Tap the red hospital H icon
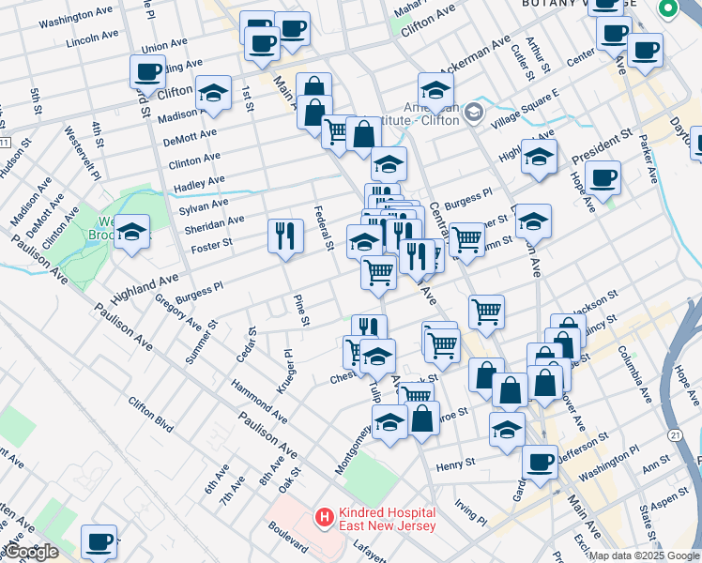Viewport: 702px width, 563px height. coord(324,516)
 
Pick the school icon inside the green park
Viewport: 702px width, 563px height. coord(132,231)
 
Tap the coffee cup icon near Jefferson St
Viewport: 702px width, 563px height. coord(540,462)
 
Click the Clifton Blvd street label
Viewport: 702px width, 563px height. coord(151,414)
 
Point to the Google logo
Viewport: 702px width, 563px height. coord(31,552)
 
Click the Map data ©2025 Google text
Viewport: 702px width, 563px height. coord(644,555)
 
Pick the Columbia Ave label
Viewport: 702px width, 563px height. coord(633,374)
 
